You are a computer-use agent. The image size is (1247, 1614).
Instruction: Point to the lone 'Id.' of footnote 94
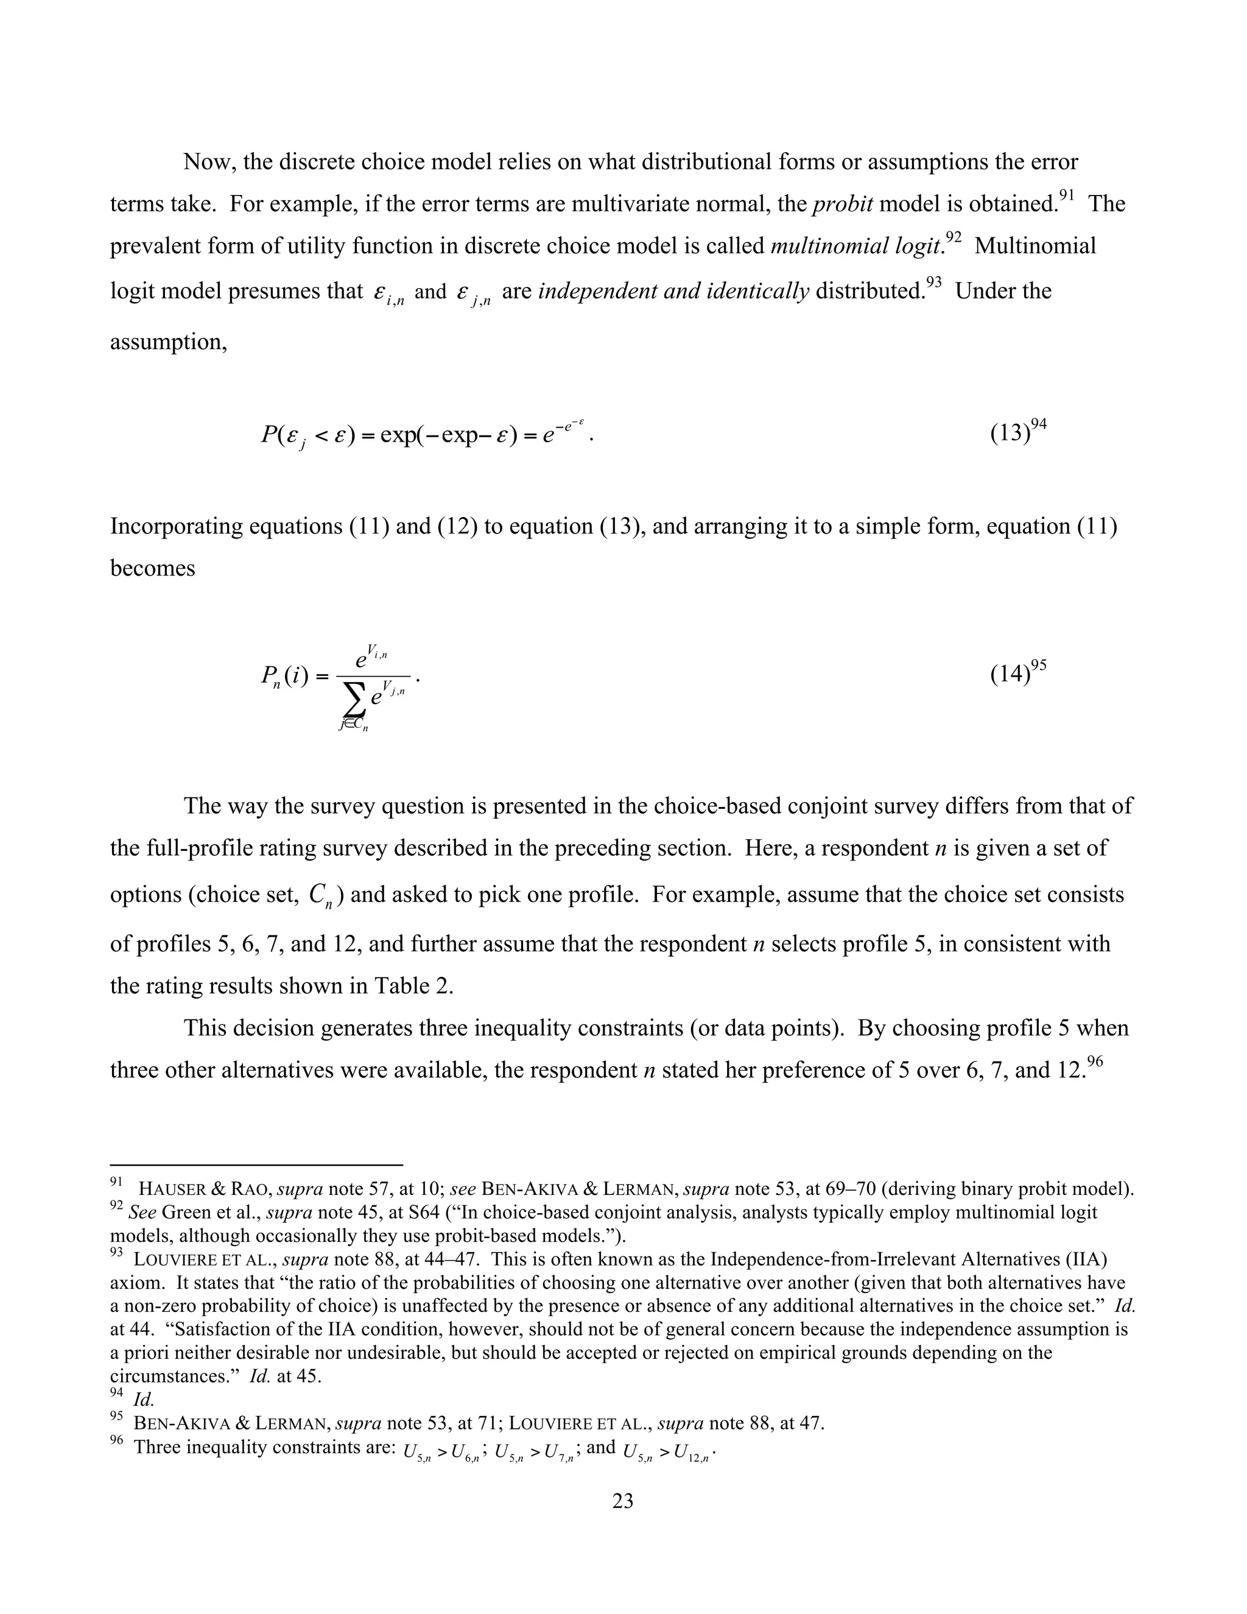143,1400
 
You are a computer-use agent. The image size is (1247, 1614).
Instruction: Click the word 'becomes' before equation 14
152,568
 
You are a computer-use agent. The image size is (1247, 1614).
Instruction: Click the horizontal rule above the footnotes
256,1165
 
